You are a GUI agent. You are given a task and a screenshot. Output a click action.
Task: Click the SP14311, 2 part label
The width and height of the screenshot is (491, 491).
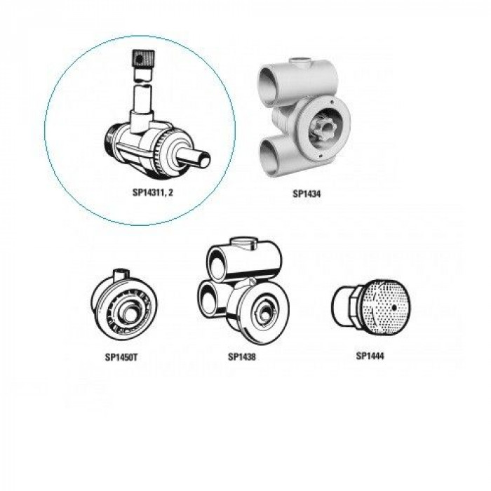pos(152,192)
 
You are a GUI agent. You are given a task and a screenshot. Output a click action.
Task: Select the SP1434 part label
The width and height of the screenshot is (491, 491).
pos(307,194)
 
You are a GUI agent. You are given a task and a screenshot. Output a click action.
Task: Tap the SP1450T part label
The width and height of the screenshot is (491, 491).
pos(121,357)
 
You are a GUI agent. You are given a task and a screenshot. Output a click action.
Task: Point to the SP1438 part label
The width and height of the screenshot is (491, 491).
pos(242,356)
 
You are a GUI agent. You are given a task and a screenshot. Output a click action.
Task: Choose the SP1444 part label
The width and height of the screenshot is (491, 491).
pos(370,356)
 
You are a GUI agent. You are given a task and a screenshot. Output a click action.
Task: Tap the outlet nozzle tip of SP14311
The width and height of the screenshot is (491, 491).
pos(205,159)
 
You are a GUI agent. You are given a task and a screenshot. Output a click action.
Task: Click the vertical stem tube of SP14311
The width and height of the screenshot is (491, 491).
pos(143,100)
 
